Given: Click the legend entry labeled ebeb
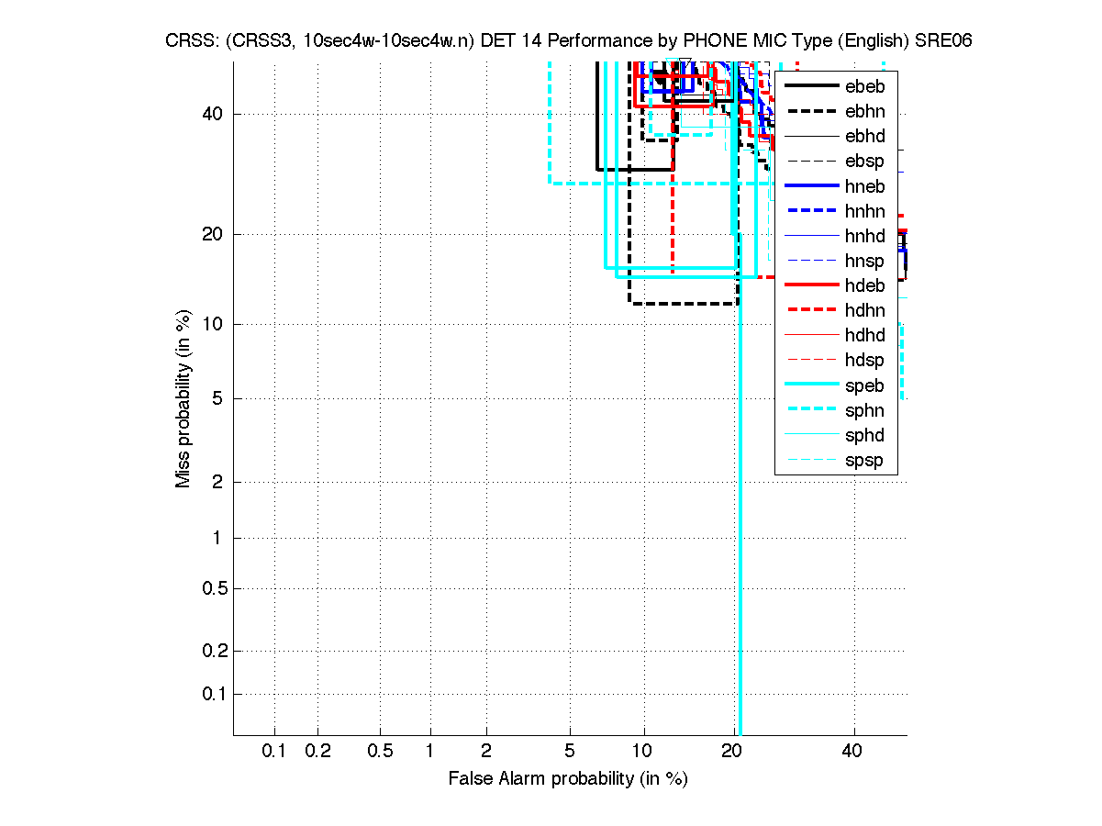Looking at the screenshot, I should click(x=864, y=87).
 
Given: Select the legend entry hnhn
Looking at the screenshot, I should click(x=864, y=211).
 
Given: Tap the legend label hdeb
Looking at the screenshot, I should click(x=864, y=285).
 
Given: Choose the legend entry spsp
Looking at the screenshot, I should click(x=864, y=460).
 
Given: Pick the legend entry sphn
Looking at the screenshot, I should click(x=864, y=410).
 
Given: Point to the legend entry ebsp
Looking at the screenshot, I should click(x=864, y=162).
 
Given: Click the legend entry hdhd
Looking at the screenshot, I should click(x=864, y=335).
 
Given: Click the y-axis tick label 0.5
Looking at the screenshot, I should click(x=213, y=588).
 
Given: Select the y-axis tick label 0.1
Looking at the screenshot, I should click(x=213, y=694).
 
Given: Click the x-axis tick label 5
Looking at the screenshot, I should click(x=570, y=752).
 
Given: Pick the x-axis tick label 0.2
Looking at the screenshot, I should click(x=318, y=752).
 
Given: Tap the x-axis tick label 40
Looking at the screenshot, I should click(x=852, y=752).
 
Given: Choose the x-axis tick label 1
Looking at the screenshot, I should click(x=429, y=752).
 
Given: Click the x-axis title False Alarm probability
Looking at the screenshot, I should click(x=567, y=779).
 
